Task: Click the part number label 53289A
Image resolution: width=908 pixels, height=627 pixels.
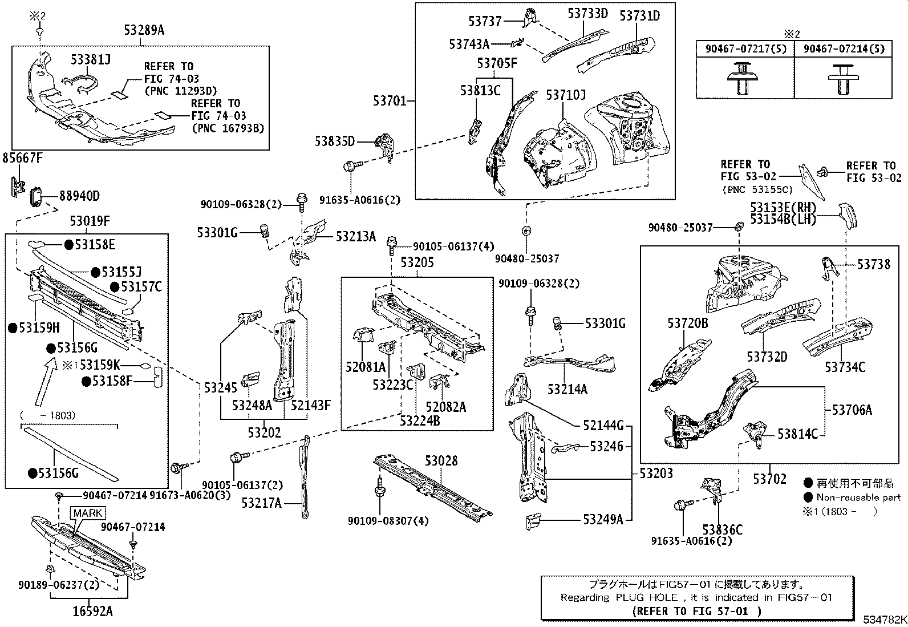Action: coord(144,30)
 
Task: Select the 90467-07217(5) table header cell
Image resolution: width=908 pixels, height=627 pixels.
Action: coord(745,50)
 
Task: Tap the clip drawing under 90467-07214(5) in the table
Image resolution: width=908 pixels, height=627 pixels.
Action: coord(843,79)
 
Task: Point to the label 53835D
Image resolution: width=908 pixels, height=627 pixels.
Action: coord(334,141)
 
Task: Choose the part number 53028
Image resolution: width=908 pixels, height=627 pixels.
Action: coord(441,460)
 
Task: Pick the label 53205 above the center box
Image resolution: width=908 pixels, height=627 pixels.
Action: coord(417,262)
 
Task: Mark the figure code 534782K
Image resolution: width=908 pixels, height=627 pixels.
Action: coord(884,620)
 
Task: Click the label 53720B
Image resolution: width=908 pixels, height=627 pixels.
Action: coord(687,323)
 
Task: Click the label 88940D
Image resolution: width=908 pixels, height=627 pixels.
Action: coord(79,196)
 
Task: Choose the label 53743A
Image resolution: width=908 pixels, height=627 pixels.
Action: coord(469,44)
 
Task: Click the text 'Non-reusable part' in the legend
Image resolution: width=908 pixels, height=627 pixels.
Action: coord(858,497)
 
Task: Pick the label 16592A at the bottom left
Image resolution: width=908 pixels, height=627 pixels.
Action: coord(92,611)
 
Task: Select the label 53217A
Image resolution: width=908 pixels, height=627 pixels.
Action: coord(261,503)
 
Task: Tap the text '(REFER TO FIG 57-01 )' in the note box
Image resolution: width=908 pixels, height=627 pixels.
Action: coord(696,611)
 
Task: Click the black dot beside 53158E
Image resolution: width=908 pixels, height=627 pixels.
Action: coord(68,245)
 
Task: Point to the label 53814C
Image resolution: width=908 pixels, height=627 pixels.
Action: coord(797,434)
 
